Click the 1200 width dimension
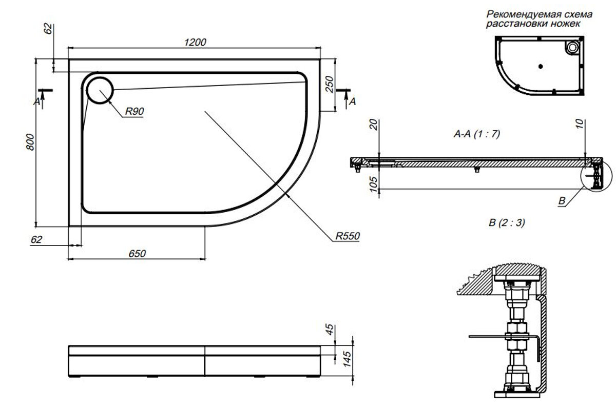[x=195, y=43]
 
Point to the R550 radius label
[x=348, y=236]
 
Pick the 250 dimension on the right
[x=330, y=84]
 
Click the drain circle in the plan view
[x=100, y=89]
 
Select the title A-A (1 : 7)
[x=477, y=134]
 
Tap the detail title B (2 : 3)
[x=507, y=223]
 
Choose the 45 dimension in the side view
[x=330, y=330]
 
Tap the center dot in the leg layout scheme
[x=540, y=66]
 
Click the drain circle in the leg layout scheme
[x=571, y=48]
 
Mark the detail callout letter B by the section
[x=562, y=201]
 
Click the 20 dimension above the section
[x=373, y=125]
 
